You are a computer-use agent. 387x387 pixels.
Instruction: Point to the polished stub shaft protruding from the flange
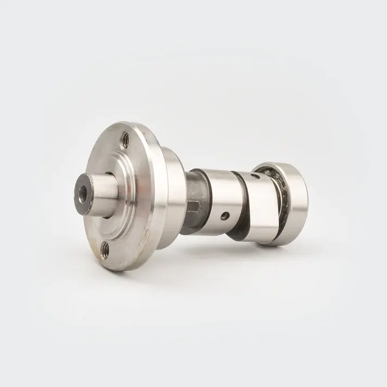pyautogui.click(x=106, y=188)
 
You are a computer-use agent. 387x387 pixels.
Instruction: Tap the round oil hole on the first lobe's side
pyautogui.click(x=224, y=216)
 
